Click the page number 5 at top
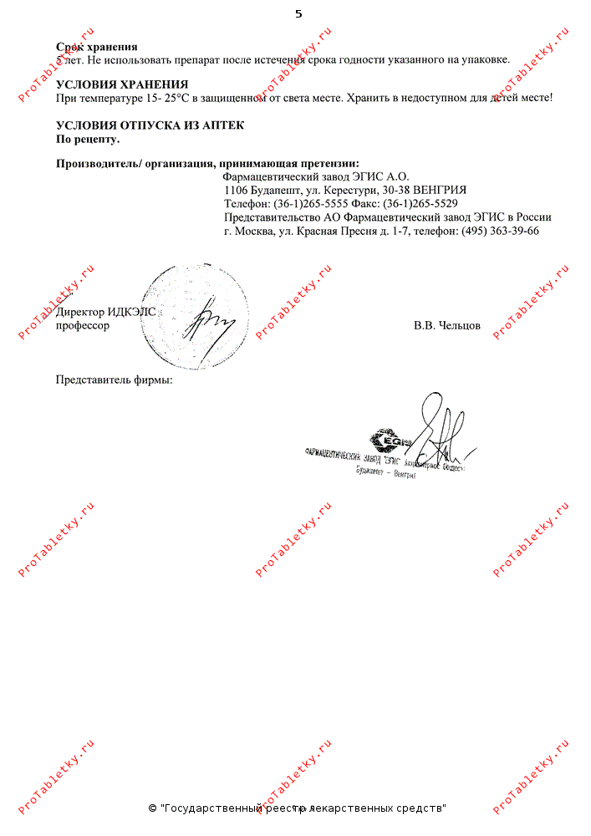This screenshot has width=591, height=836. [298, 13]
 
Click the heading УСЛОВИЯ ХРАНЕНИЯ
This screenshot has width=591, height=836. [121, 84]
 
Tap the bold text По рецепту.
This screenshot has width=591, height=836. [88, 138]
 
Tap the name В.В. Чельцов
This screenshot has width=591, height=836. [446, 325]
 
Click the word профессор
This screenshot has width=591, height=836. [82, 325]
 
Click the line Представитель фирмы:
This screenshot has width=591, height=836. [114, 380]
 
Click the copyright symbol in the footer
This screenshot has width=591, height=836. [152, 808]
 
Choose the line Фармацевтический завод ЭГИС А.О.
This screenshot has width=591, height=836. [316, 176]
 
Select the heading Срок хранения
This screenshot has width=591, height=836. [96, 47]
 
